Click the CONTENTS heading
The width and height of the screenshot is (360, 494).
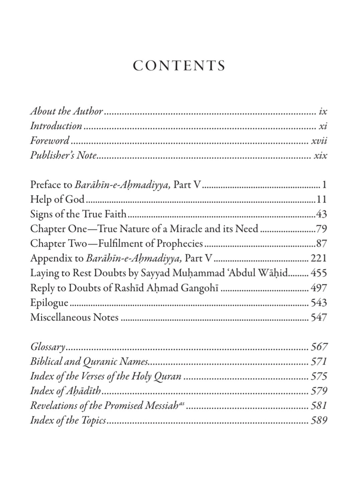click(179, 66)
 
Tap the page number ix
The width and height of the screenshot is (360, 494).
click(323, 112)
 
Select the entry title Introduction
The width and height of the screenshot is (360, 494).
click(56, 126)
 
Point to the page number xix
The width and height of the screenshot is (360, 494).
click(321, 156)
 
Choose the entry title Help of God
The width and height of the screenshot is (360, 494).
click(57, 199)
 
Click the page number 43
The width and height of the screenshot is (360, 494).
click(321, 214)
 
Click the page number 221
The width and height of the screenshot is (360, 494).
click(319, 258)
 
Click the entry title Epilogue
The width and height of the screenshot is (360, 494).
click(49, 303)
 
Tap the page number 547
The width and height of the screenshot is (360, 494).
click(319, 317)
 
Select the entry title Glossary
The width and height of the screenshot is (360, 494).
click(47, 347)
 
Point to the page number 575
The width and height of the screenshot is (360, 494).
click(319, 376)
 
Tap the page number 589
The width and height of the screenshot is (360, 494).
click(319, 420)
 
